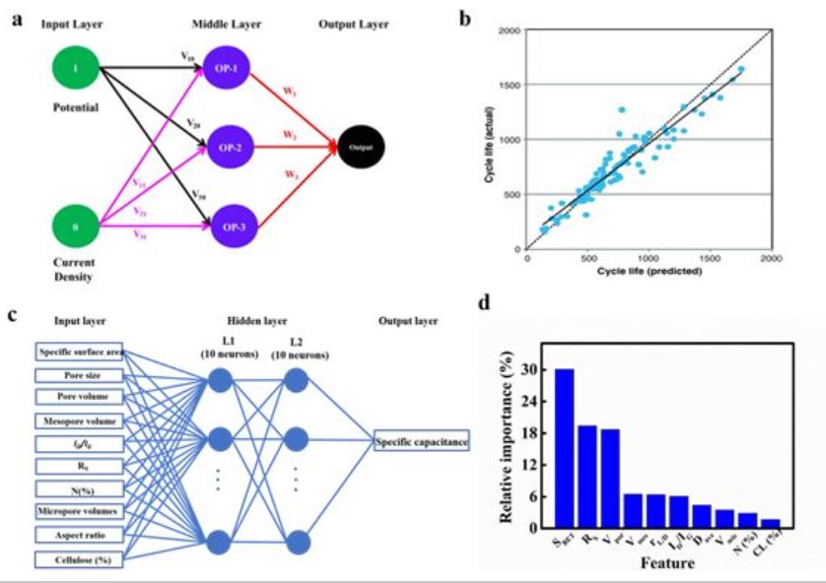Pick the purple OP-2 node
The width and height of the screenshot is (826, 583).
(x=229, y=147)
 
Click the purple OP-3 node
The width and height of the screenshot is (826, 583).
(x=230, y=226)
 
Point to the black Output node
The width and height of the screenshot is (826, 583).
(x=361, y=147)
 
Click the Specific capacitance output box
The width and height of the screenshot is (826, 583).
(x=421, y=444)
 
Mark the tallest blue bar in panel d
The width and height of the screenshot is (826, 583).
(x=564, y=449)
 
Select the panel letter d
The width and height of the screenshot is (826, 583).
(x=484, y=303)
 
